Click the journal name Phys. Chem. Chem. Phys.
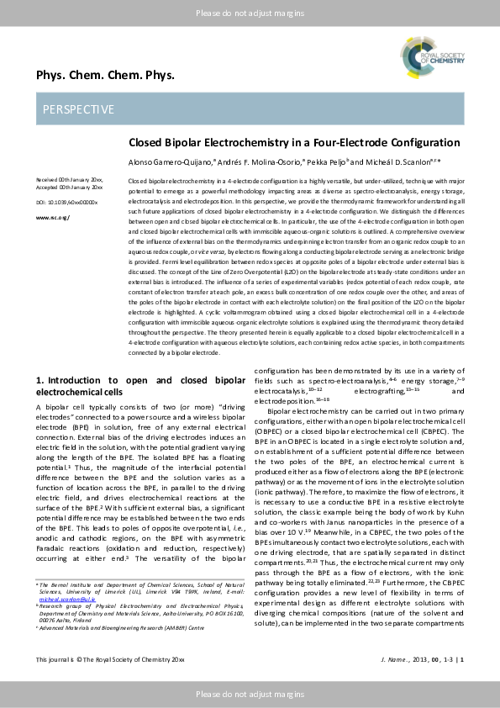tap(105, 76)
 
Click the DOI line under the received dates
tap(66, 203)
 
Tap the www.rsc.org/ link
tap(52, 217)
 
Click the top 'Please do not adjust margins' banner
tap(250, 13)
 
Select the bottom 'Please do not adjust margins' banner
tap(250, 694)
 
